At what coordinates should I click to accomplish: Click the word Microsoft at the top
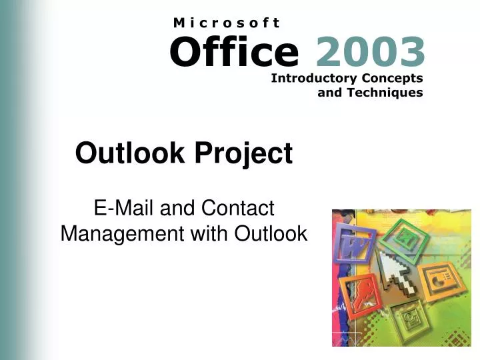227,22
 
